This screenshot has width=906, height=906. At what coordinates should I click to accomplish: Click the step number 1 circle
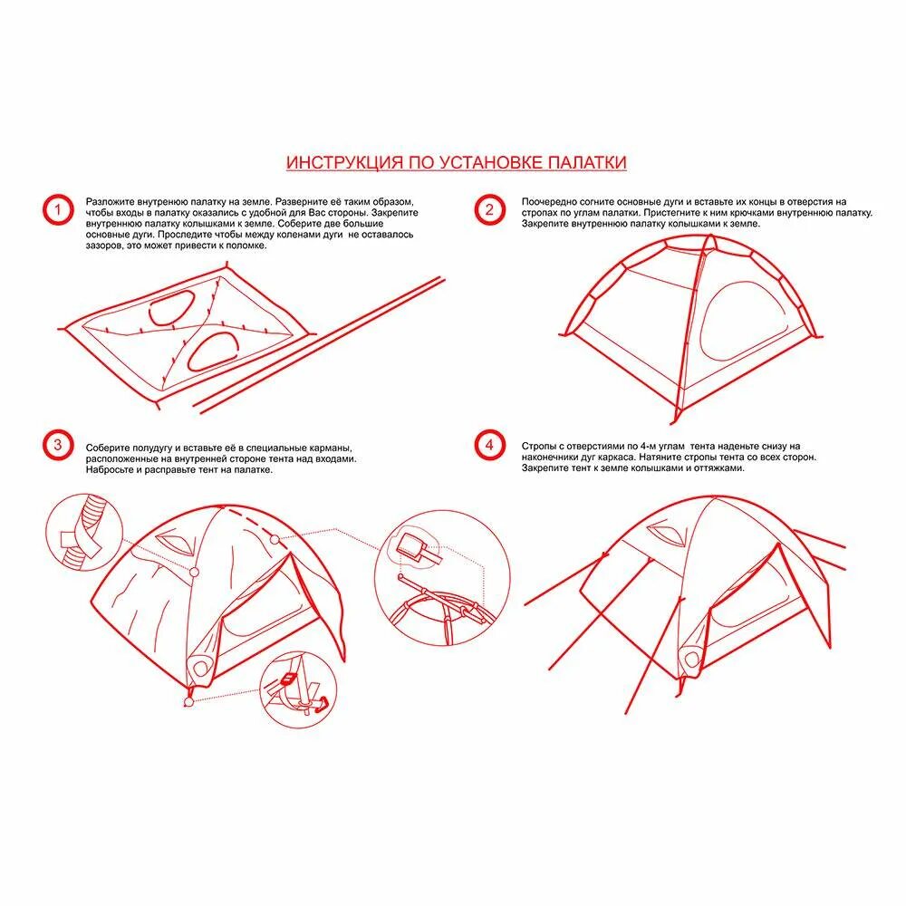tap(56, 210)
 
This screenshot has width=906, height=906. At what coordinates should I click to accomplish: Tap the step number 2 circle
tap(489, 210)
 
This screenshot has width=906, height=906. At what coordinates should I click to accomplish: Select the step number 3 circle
tap(56, 445)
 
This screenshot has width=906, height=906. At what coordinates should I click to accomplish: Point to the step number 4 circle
tap(489, 445)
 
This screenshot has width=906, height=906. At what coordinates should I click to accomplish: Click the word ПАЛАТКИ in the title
tap(586, 162)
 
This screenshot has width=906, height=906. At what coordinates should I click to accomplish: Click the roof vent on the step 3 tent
tap(175, 544)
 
